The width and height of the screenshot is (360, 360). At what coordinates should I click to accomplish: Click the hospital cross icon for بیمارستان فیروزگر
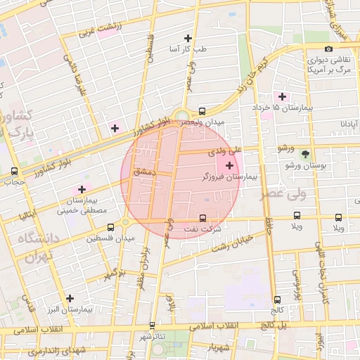[230, 165]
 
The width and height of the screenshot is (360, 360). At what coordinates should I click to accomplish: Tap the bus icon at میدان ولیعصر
[202, 111]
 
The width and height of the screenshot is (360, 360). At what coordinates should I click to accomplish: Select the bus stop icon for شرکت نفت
[203, 219]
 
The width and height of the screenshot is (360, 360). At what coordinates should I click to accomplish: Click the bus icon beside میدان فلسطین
[110, 228]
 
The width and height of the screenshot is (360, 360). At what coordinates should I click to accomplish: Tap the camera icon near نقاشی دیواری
[329, 49]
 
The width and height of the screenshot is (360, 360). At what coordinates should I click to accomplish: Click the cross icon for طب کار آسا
[188, 38]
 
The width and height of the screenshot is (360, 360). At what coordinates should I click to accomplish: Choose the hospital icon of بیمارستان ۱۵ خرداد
[283, 96]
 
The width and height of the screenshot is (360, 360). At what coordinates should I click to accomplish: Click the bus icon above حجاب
[15, 172]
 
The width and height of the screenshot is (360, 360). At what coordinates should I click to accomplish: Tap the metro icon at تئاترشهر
[153, 326]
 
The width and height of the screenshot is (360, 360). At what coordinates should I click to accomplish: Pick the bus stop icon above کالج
[276, 299]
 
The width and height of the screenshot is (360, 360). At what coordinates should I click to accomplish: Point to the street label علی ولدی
[225, 150]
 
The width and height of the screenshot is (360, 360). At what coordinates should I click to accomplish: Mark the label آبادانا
[350, 123]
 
